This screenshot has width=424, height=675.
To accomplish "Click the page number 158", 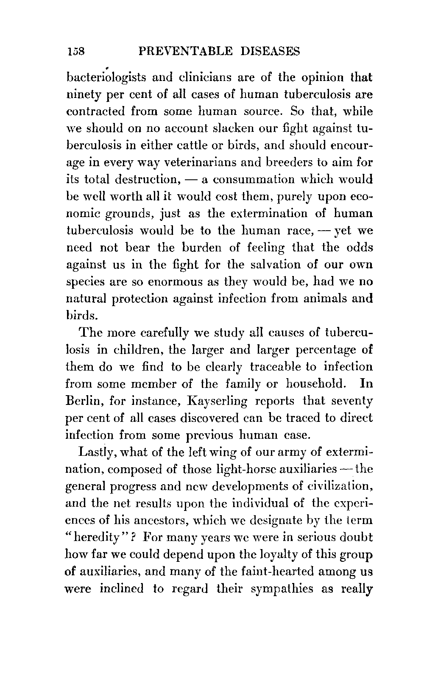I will pyautogui.click(x=76, y=51).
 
